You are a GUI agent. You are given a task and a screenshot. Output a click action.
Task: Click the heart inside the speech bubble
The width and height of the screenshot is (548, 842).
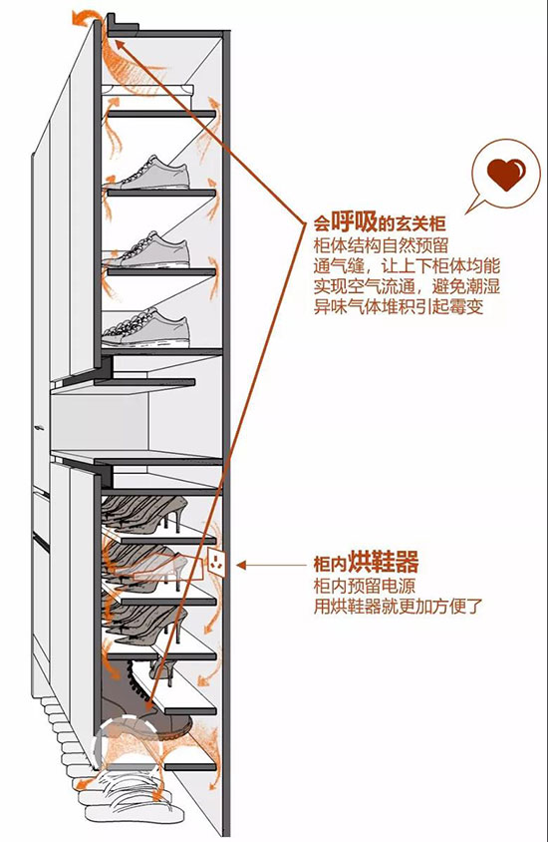click(x=506, y=174)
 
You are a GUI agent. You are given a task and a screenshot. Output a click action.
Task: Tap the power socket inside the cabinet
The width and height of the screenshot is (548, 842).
click(x=217, y=564)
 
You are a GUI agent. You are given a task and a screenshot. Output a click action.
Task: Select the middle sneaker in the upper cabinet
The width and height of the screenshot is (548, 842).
click(x=150, y=249)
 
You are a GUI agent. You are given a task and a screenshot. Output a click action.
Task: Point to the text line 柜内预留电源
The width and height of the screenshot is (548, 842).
click(x=365, y=586)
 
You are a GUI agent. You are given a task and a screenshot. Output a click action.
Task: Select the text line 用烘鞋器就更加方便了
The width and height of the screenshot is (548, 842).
click(x=399, y=607)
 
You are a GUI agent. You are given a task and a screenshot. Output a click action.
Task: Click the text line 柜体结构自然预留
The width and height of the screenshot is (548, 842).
click(x=382, y=245)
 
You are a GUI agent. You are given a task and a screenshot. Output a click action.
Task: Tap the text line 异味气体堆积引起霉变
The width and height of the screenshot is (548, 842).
click(x=399, y=306)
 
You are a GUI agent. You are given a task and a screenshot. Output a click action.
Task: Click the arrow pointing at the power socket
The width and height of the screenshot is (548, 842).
click(x=271, y=565)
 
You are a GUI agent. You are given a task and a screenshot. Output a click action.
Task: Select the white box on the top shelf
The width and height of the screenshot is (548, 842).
click(x=147, y=91)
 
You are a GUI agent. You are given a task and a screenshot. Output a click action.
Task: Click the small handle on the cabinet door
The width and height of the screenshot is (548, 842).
click(x=38, y=428)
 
